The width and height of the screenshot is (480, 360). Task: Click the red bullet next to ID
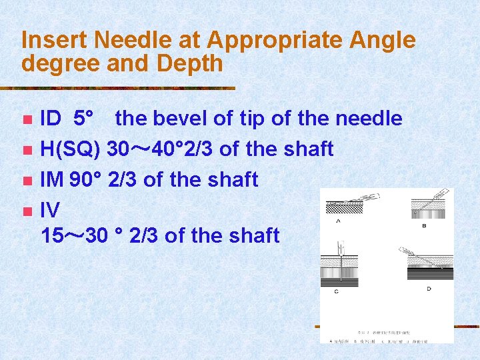pyautogui.click(x=27, y=120)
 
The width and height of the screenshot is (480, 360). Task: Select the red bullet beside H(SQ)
pyautogui.click(x=27, y=150)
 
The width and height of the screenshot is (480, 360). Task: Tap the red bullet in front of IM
pyautogui.click(x=27, y=180)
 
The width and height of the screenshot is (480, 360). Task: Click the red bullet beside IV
pyautogui.click(x=27, y=211)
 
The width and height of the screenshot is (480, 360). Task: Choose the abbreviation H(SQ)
pyautogui.click(x=71, y=149)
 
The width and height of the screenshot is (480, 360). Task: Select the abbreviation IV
pyautogui.click(x=51, y=211)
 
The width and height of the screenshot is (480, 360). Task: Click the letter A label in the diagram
pyautogui.click(x=338, y=221)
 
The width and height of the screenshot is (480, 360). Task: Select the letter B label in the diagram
pyautogui.click(x=424, y=226)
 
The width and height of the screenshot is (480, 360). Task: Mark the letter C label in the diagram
pyautogui.click(x=336, y=291)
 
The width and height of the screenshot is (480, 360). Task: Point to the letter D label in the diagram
pyautogui.click(x=429, y=289)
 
